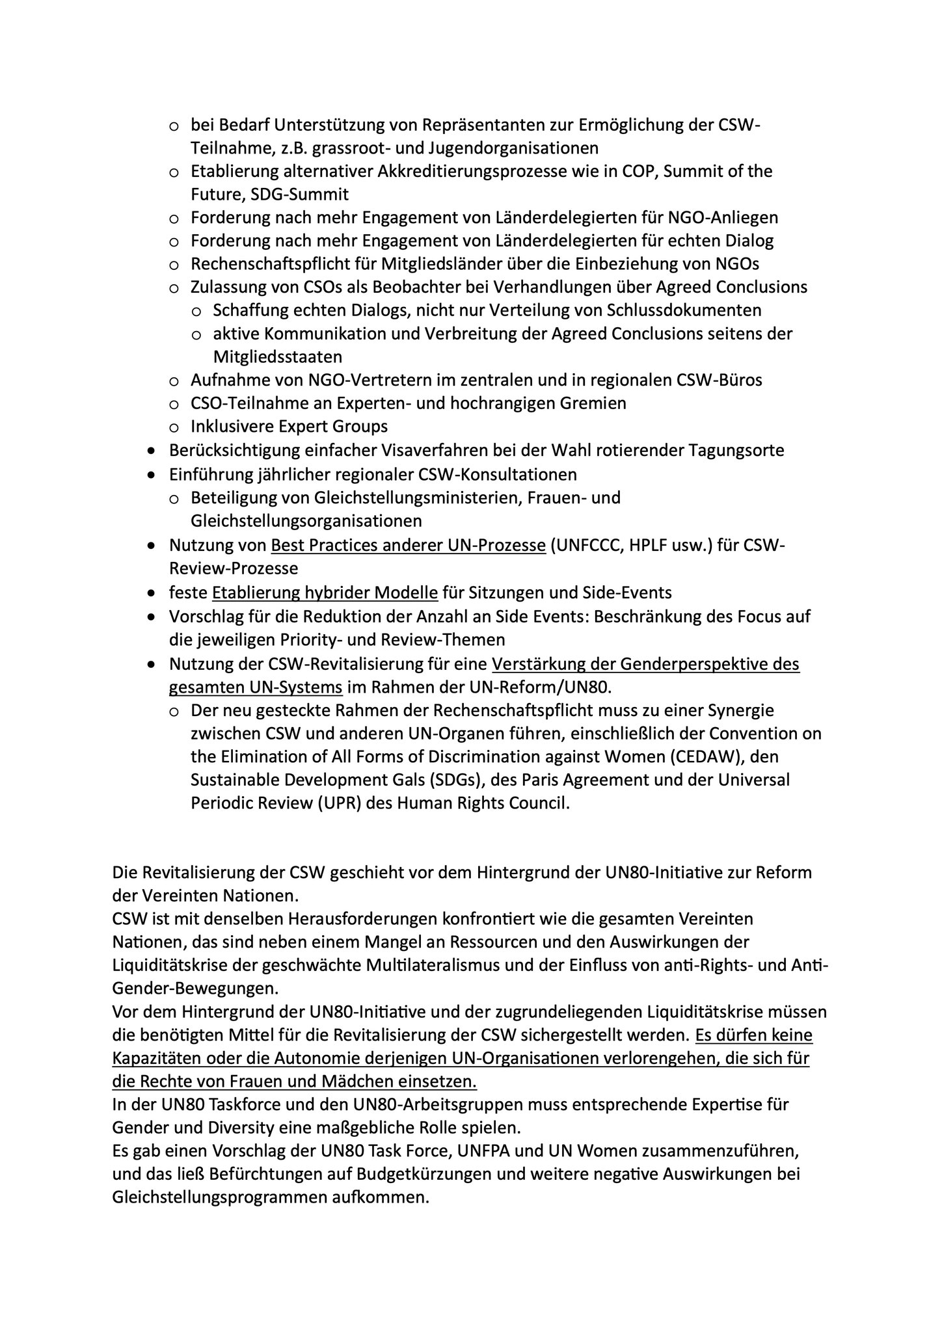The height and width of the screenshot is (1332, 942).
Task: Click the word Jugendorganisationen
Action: [x=513, y=148]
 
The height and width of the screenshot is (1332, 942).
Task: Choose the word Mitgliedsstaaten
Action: [x=278, y=357]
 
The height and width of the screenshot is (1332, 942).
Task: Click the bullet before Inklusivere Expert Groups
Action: [x=174, y=427]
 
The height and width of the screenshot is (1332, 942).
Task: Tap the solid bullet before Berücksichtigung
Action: [x=152, y=451]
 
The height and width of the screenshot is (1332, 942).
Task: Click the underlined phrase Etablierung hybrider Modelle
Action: [x=325, y=593]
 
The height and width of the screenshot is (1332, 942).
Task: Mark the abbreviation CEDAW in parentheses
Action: [x=733, y=757]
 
